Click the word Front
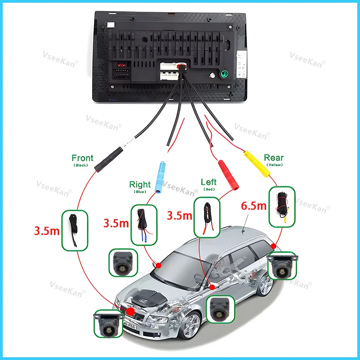(82, 158)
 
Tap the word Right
(140, 184)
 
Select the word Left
(208, 182)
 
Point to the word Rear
(274, 157)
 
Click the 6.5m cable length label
(254, 206)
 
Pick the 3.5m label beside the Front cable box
(47, 232)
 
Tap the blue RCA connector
(160, 176)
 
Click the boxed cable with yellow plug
(282, 207)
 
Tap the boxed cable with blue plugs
(144, 225)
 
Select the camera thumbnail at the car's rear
(282, 266)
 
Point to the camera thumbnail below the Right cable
(122, 263)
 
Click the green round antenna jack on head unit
(223, 74)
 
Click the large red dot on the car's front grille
(130, 311)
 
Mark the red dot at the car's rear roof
(274, 246)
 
